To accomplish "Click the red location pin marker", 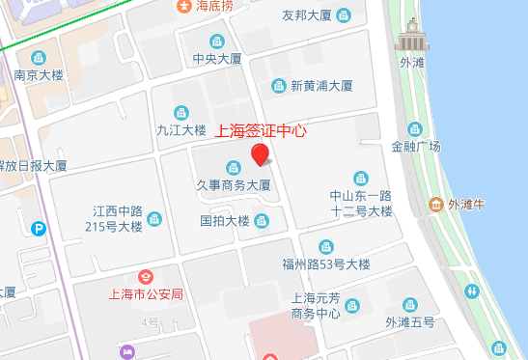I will (259, 154).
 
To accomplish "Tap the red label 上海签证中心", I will (259, 130).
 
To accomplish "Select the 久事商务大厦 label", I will (233, 184).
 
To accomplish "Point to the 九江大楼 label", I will (181, 129).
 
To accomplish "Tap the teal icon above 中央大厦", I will (216, 42).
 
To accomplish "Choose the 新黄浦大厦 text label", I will (321, 86).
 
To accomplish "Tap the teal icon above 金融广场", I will (415, 129).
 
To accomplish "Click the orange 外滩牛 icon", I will (435, 205).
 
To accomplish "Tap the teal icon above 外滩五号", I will (410, 304).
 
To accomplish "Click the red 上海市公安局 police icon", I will (146, 278).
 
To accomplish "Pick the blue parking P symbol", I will (39, 230).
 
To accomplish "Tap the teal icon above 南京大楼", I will (39, 57).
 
